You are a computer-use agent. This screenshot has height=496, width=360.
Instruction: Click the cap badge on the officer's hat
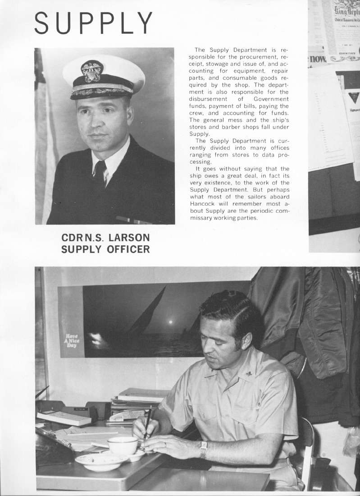click(92, 71)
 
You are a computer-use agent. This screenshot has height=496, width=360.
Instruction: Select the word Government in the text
click(271, 99)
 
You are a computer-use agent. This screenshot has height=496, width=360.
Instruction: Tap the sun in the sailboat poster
click(170, 322)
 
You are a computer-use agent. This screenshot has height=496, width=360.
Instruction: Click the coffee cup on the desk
click(123, 445)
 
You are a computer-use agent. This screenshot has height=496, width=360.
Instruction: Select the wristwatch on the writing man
click(203, 450)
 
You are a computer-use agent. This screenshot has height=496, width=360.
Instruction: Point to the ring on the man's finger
click(164, 445)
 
